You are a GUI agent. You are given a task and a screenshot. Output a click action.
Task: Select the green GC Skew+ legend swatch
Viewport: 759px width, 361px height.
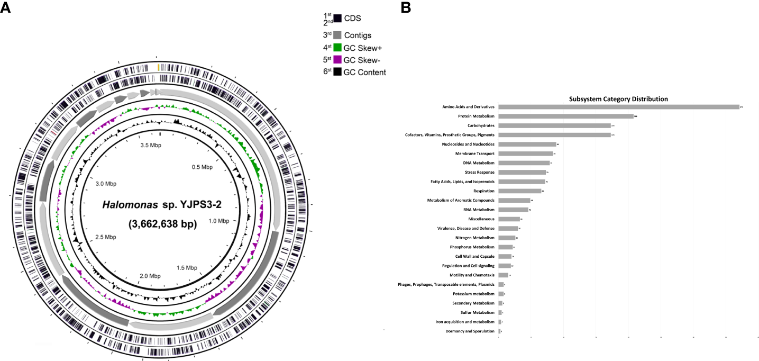(337, 47)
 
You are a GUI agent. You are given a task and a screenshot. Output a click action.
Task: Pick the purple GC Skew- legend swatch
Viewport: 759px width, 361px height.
(337, 60)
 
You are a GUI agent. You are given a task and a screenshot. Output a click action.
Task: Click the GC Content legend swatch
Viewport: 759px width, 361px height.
(337, 72)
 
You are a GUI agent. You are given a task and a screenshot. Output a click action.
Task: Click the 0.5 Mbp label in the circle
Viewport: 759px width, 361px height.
(202, 167)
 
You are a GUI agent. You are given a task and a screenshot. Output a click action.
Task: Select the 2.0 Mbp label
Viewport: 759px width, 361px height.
(150, 276)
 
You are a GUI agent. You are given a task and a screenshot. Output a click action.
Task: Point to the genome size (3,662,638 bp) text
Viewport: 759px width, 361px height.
(162, 224)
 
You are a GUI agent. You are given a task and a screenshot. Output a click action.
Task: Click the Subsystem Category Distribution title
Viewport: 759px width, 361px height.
(618, 99)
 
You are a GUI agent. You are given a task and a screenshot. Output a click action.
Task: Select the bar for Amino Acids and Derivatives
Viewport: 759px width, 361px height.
(618, 107)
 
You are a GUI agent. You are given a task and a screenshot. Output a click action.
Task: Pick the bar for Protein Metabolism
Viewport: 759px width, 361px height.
(565, 116)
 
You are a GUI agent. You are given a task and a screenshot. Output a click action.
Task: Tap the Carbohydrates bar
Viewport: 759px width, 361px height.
(554, 125)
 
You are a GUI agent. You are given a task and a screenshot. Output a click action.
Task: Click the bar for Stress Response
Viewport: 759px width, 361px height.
(522, 173)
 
